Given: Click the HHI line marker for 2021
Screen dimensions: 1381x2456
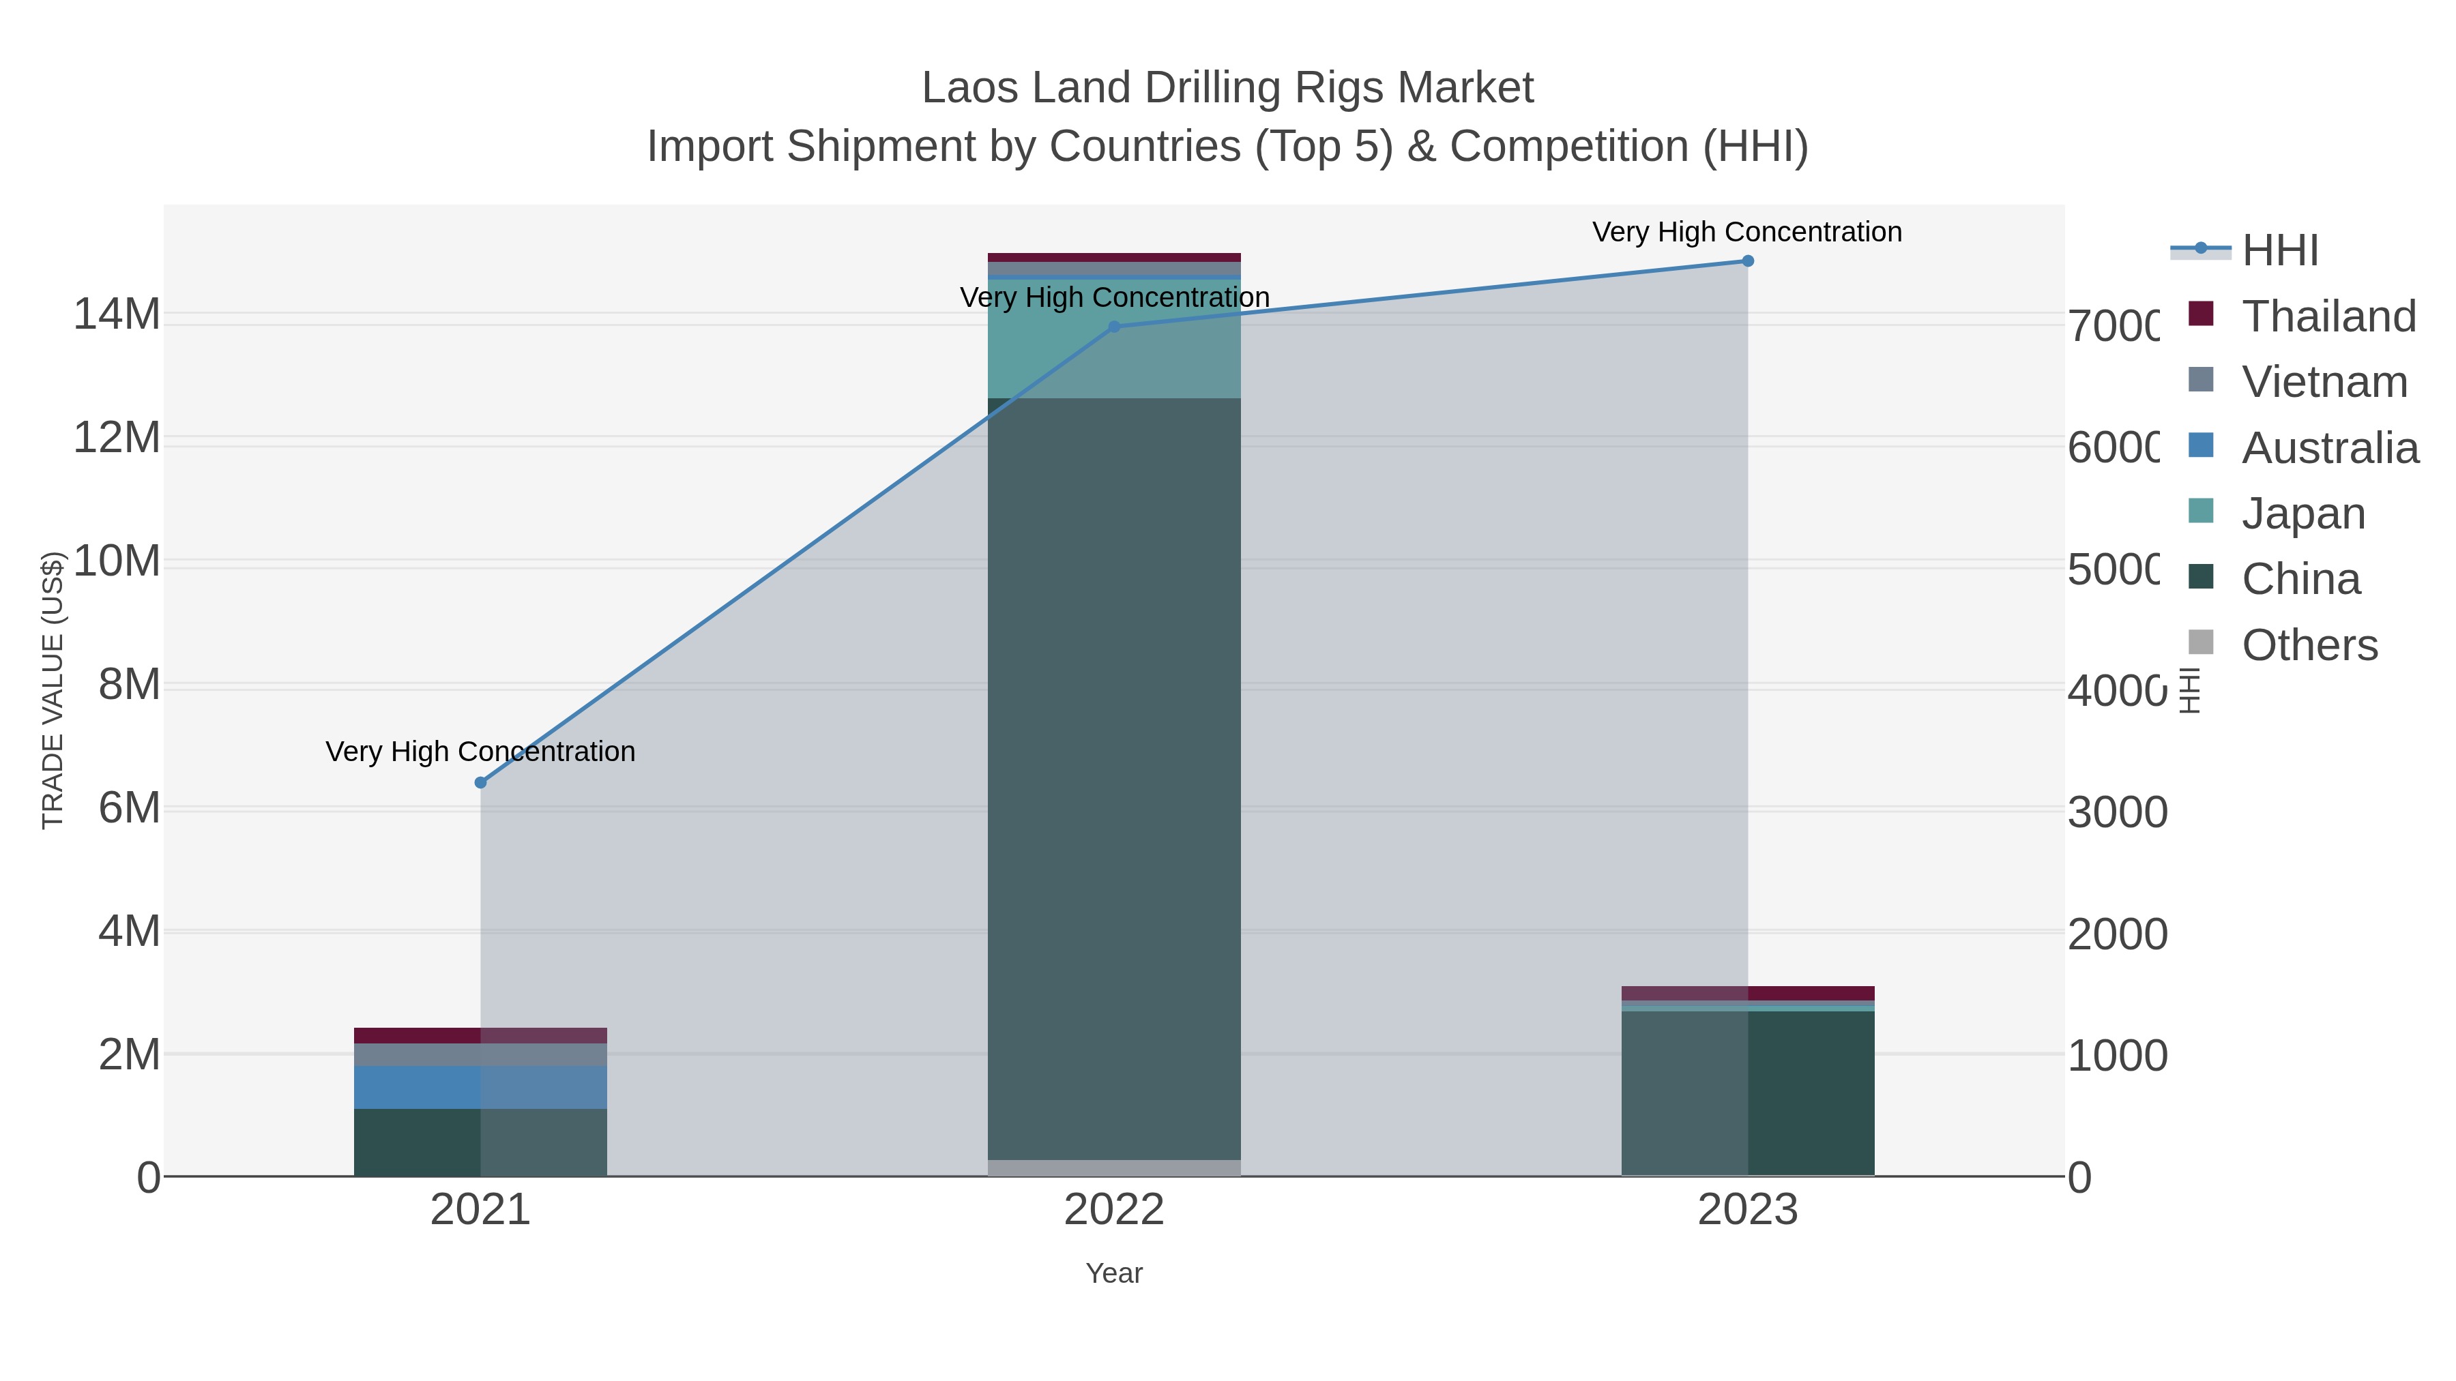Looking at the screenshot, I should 480,782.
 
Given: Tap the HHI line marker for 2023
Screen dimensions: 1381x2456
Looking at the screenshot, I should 1748,261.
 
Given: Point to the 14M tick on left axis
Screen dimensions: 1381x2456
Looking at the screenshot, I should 116,314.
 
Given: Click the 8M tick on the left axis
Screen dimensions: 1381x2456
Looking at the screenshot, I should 129,684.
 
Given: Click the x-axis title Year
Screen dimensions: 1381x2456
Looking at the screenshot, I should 1113,1273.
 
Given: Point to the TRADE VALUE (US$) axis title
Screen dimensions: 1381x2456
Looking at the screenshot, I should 53,690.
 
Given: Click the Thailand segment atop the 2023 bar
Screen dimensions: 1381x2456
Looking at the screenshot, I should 1748,993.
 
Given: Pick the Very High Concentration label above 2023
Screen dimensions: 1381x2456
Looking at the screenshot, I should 1746,233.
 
